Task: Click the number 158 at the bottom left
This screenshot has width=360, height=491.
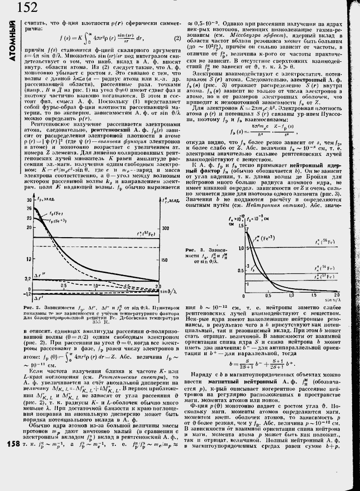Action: pos(12,444)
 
